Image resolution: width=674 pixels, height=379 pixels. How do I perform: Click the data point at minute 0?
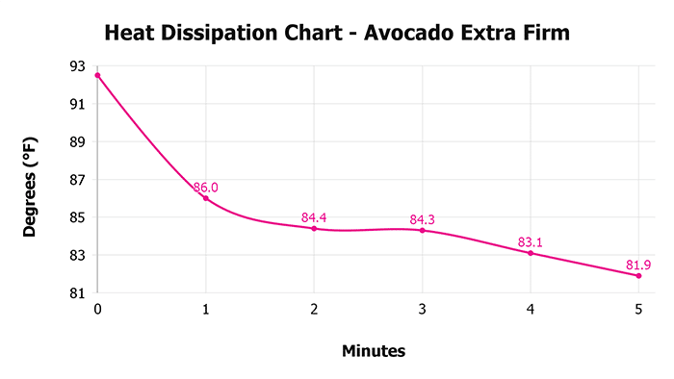click(97, 75)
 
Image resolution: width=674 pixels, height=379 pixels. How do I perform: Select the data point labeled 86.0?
click(205, 198)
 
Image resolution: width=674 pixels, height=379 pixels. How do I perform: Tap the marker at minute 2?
click(314, 228)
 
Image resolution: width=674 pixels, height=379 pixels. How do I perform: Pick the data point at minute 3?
click(422, 230)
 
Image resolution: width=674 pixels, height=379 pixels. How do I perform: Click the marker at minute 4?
click(531, 253)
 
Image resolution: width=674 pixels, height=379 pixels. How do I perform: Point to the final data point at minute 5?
click(638, 276)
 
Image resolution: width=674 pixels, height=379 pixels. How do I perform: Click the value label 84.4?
click(314, 217)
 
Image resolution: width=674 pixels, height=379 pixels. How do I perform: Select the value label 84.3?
click(422, 219)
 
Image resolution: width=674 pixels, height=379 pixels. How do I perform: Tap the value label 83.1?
click(531, 242)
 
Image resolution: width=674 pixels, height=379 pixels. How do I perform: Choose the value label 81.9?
click(638, 265)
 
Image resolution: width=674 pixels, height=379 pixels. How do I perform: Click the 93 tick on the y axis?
click(77, 66)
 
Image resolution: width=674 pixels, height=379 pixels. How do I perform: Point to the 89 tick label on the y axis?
click(77, 141)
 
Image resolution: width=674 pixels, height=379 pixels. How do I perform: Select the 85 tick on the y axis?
click(77, 217)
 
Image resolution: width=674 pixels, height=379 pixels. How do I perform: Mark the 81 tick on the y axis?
click(77, 293)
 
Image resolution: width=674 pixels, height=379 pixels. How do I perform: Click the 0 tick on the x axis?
click(97, 310)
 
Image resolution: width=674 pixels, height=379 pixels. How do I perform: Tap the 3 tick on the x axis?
click(422, 310)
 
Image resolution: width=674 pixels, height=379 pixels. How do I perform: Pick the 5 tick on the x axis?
click(638, 310)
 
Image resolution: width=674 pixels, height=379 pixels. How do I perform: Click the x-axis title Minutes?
click(374, 351)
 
